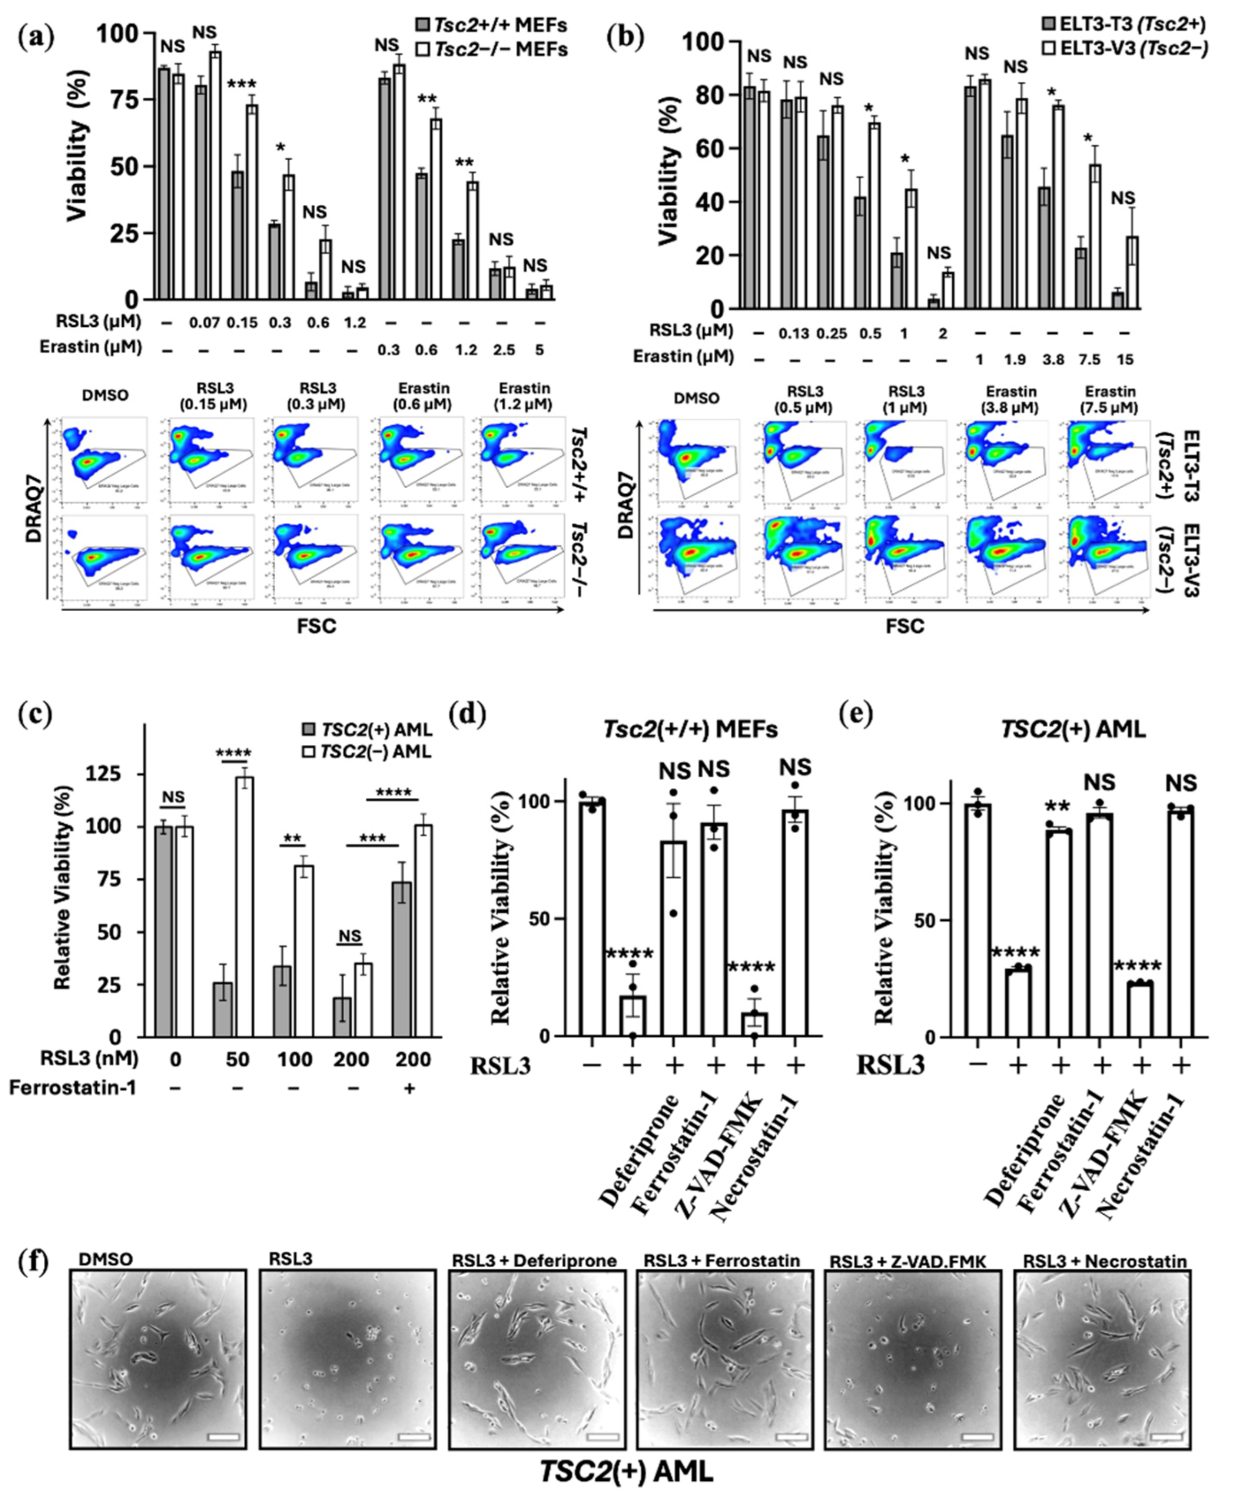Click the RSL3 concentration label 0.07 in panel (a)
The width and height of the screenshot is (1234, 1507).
[x=202, y=322]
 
